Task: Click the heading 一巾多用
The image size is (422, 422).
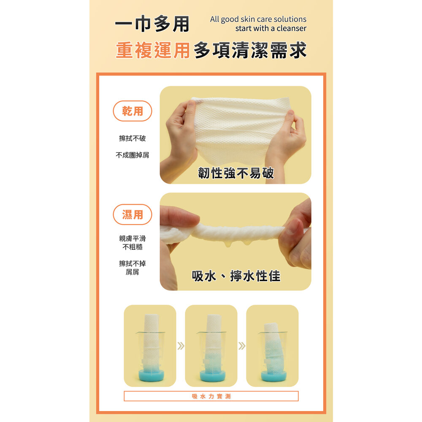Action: click(152, 24)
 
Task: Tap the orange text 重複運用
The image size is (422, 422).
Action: click(153, 50)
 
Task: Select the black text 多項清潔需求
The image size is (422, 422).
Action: click(250, 50)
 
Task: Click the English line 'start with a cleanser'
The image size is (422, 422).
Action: click(271, 28)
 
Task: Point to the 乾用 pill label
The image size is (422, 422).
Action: click(133, 111)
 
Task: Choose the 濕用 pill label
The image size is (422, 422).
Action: click(133, 214)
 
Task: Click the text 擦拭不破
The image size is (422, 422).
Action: click(133, 138)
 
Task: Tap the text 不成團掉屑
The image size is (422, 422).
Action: click(133, 155)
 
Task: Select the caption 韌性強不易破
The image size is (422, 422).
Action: click(236, 173)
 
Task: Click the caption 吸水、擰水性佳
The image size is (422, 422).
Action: click(236, 276)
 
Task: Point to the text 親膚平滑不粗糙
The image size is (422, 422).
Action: click(133, 243)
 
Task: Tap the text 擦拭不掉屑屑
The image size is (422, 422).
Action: click(133, 268)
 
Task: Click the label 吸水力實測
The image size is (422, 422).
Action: click(211, 396)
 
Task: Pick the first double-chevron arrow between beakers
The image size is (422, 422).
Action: click(181, 346)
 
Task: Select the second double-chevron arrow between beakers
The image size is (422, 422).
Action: click(242, 346)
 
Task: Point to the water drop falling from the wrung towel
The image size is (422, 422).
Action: click(228, 244)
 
